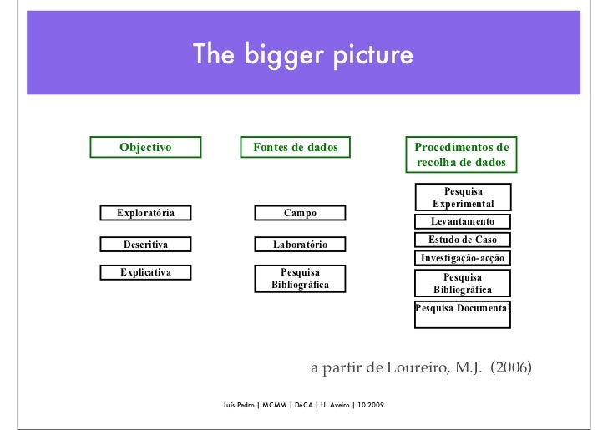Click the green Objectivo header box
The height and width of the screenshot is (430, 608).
point(145,148)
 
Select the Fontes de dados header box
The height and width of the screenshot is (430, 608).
point(296,148)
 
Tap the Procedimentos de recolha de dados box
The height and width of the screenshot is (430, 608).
point(462,154)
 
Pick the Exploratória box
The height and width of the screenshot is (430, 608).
point(145,213)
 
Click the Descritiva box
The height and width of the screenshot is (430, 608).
point(145,245)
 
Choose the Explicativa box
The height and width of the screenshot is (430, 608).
point(145,271)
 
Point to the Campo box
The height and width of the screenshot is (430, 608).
point(300,213)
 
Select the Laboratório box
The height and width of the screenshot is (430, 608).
point(300,245)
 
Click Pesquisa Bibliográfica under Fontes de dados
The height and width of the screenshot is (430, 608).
point(300,279)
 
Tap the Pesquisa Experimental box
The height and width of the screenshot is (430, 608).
point(463,198)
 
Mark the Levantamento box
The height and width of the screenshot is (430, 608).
point(463,221)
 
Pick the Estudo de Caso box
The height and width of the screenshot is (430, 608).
point(463,240)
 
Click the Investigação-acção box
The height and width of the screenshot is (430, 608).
point(463,258)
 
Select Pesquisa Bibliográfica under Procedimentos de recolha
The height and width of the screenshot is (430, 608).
point(463,283)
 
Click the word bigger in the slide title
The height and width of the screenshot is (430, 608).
point(281,56)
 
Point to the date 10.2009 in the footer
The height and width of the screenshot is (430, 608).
point(370,406)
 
